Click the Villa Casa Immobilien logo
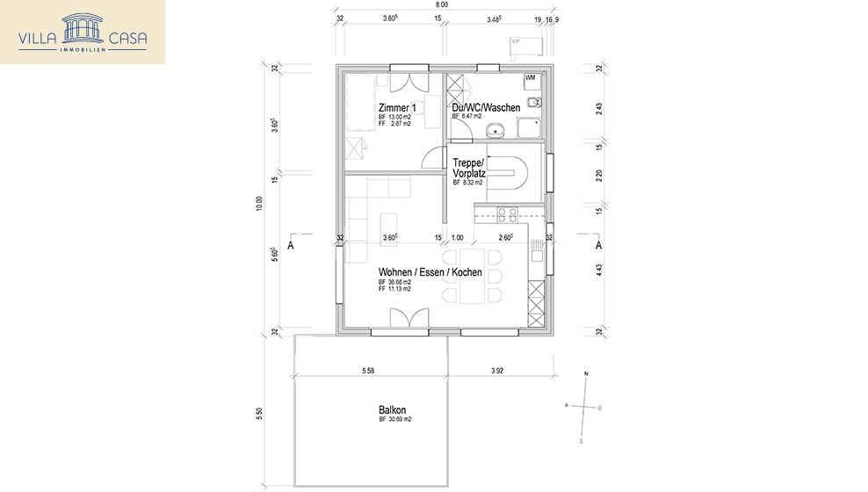83,32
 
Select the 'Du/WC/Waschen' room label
486,107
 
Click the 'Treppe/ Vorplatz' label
469,168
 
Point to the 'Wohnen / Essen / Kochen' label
430,272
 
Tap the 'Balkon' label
392,410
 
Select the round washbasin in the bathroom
497,132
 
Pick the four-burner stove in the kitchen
508,213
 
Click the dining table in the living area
471,276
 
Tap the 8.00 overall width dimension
443,4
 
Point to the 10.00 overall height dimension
258,202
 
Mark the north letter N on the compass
586,375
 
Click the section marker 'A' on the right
598,246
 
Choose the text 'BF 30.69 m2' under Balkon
395,420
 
